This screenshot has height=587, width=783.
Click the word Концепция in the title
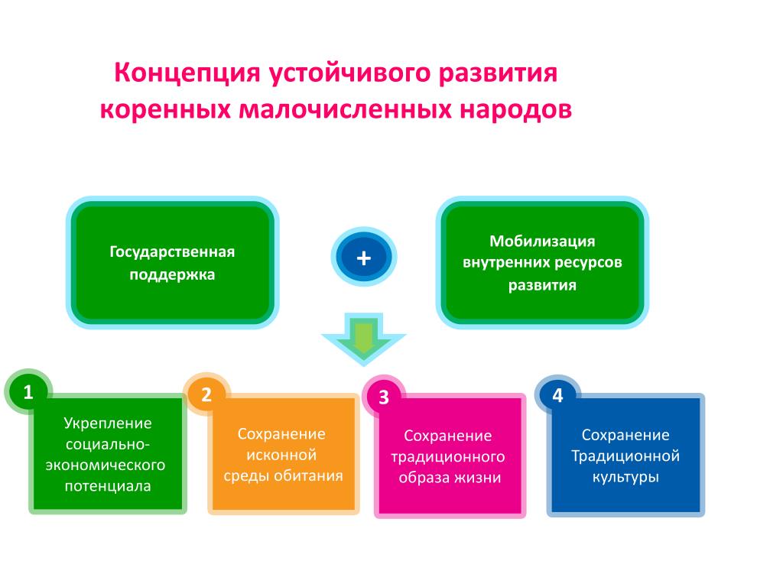pyautogui.click(x=187, y=73)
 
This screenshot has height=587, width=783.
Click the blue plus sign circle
pyautogui.click(x=363, y=258)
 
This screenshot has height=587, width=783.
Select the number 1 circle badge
pyautogui.click(x=28, y=392)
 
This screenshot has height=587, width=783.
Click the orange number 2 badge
pyautogui.click(x=206, y=395)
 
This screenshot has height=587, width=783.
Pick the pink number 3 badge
pyautogui.click(x=384, y=397)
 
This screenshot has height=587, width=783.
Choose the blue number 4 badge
pyautogui.click(x=557, y=396)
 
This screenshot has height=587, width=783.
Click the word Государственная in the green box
pyautogui.click(x=172, y=252)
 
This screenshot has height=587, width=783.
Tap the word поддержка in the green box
pyautogui.click(x=172, y=275)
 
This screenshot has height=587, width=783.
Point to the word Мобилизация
pyautogui.click(x=542, y=242)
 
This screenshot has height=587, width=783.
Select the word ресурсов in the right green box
pyautogui.click(x=586, y=264)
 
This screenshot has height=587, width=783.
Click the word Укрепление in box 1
pyautogui.click(x=108, y=423)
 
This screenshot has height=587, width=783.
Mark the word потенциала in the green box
pyautogui.click(x=108, y=486)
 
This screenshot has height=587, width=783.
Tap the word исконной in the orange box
pyautogui.click(x=281, y=455)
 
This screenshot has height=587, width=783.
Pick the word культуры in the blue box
pyautogui.click(x=625, y=477)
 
